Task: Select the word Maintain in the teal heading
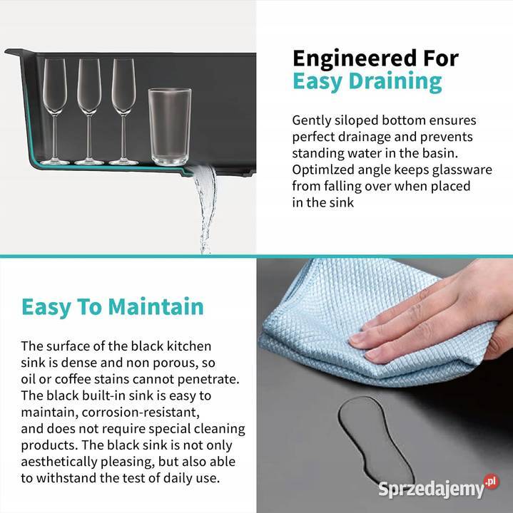pos(156,306)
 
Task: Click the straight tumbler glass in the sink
pos(169,127)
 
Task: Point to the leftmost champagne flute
pos(54,111)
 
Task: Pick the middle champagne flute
pos(89,111)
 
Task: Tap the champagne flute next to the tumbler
pos(123,111)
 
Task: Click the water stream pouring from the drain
pos(205,209)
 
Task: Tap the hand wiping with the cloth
pos(436,321)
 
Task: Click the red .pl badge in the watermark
pos(492,481)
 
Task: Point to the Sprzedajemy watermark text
pos(431,489)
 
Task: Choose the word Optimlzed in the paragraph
pos(323,170)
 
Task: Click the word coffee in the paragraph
pos(73,379)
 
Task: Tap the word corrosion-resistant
pos(141,413)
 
